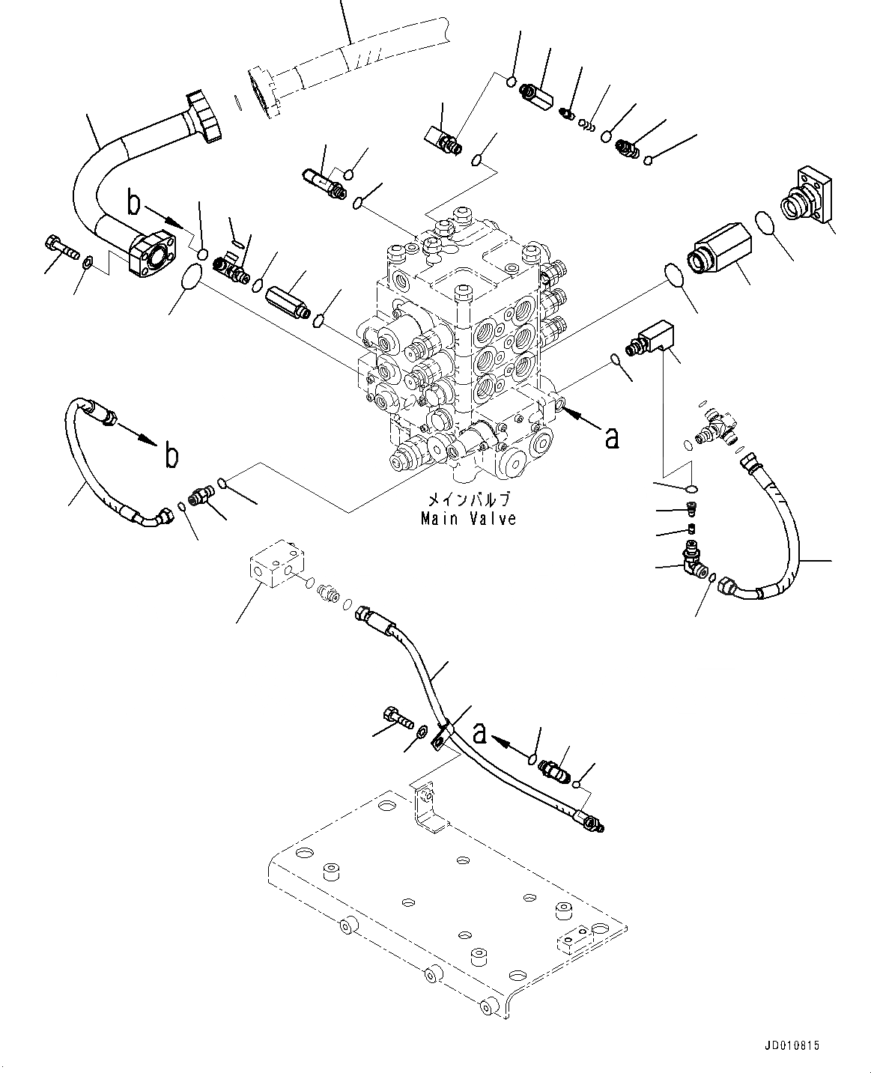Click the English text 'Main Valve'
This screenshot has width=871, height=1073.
(x=468, y=518)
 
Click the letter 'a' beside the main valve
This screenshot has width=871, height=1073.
(x=611, y=437)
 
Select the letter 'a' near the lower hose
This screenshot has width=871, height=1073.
(x=479, y=735)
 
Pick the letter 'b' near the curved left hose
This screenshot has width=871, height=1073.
(x=172, y=455)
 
